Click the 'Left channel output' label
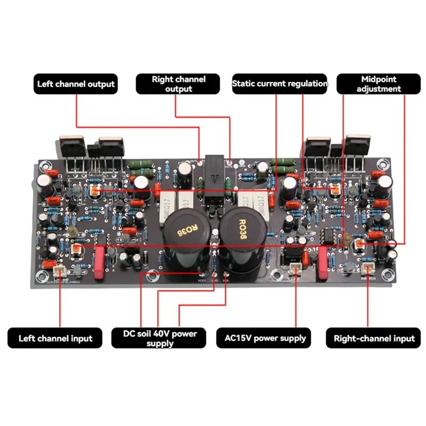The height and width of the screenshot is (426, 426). [x=76, y=84]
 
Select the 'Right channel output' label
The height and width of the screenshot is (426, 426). [x=178, y=84]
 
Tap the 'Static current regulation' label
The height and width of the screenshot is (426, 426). [x=280, y=84]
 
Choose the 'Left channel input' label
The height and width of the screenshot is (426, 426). [x=55, y=338]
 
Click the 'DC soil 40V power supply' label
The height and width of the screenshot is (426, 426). [x=160, y=338]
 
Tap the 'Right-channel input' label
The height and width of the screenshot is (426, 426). [x=374, y=338]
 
